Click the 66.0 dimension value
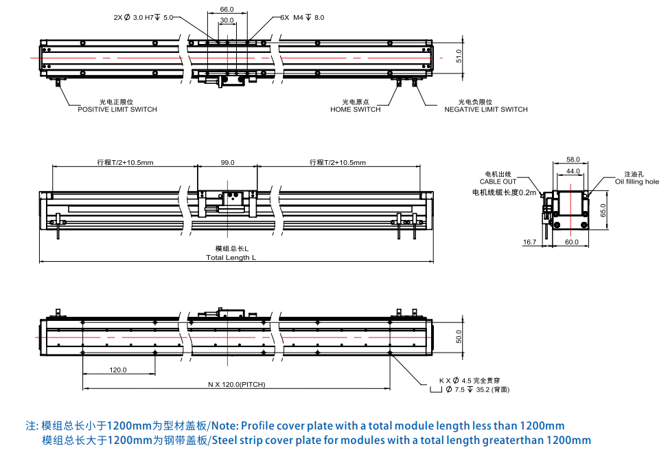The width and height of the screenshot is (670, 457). [227, 10]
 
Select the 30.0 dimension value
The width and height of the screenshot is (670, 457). [227, 21]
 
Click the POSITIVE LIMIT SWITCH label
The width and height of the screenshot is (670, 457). [117, 109]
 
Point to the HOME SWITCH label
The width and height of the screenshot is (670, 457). [355, 109]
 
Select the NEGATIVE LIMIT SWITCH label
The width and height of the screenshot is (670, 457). [486, 109]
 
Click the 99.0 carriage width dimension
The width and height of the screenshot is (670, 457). [228, 163]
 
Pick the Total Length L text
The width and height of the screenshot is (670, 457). [231, 258]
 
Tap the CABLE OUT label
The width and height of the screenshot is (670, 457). [498, 181]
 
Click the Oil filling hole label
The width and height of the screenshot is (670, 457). [636, 181]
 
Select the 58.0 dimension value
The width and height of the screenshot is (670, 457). [573, 159]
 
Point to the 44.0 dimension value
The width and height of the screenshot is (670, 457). [573, 170]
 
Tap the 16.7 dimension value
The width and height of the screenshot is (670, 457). [529, 242]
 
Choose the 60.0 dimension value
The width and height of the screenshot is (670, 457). [572, 242]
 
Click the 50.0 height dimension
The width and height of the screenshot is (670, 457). [459, 337]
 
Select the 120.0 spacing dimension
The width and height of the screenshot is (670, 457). [118, 370]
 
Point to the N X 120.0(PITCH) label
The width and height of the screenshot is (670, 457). [237, 384]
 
